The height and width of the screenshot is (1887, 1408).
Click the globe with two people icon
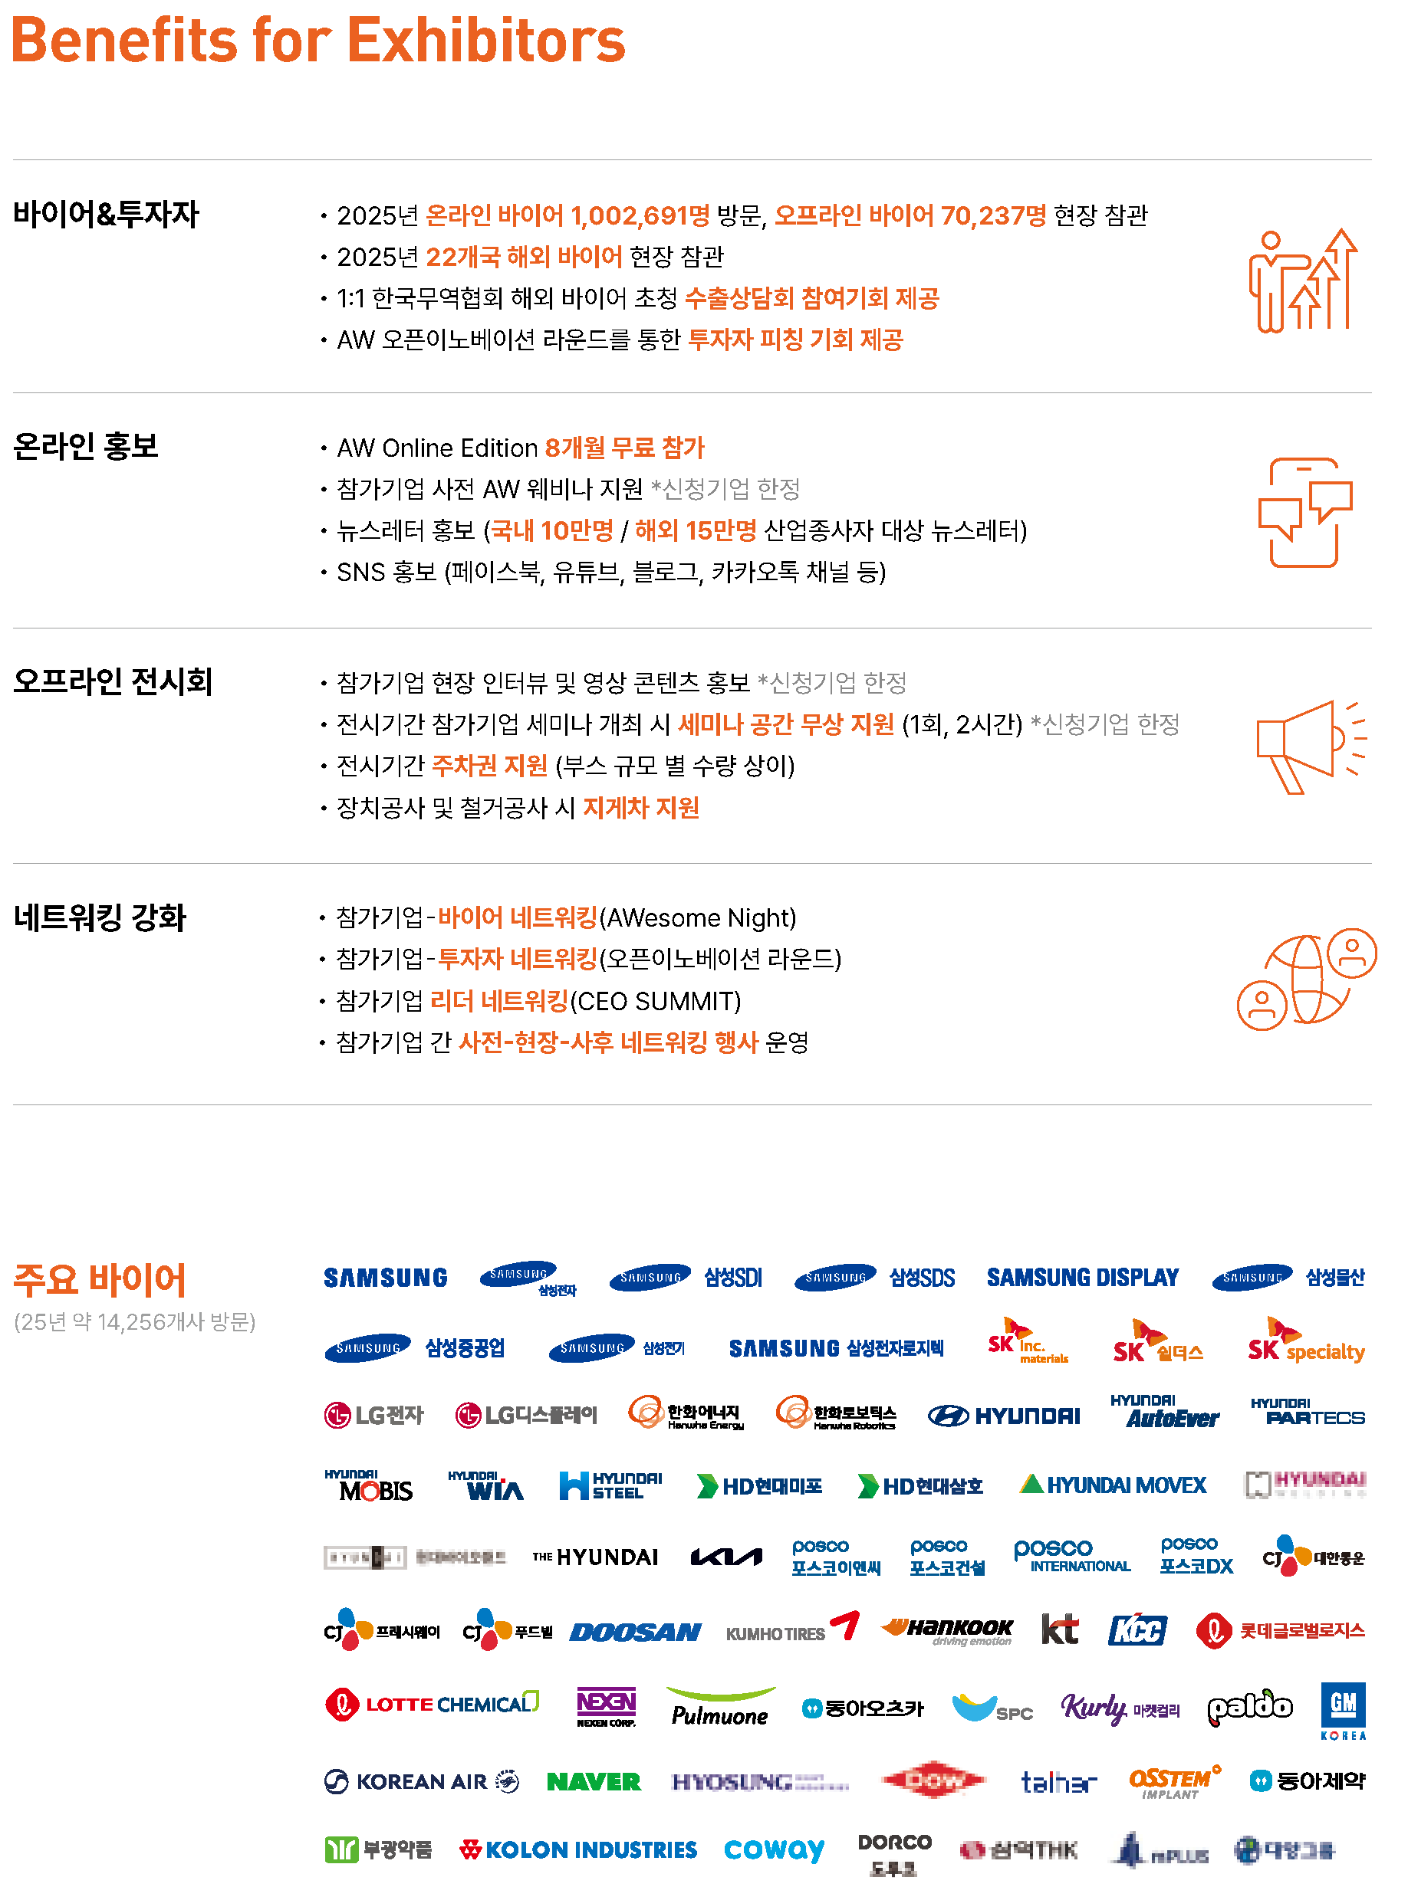[1306, 977]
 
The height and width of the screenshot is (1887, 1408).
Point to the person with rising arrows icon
[1301, 281]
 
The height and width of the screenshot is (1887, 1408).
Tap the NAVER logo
[594, 1781]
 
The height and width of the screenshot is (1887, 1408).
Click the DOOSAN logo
[635, 1633]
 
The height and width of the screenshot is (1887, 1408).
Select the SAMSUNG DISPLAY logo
[1082, 1278]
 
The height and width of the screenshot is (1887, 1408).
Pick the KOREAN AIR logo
[422, 1781]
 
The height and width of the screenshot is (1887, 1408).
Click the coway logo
[774, 1849]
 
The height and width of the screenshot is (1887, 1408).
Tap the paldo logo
[1249, 1706]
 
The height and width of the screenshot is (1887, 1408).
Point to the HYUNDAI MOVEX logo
[1112, 1485]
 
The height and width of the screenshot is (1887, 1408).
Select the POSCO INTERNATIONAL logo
[1071, 1556]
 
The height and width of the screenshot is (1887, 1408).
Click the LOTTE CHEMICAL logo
[432, 1704]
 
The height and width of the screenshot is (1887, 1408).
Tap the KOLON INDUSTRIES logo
[578, 1849]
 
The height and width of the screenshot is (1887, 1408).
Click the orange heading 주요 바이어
[100, 1279]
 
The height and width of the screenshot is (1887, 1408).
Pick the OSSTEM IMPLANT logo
[1173, 1781]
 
